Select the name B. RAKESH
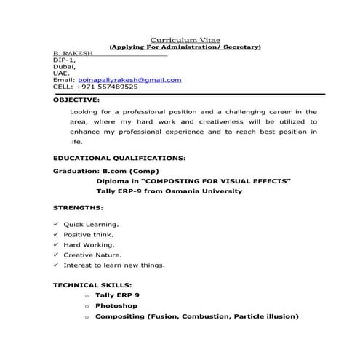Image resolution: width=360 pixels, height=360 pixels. [x=70, y=54]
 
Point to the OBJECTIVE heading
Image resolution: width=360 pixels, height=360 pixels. [x=77, y=100]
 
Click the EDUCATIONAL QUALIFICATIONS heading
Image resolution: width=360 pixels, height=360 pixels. [x=119, y=157]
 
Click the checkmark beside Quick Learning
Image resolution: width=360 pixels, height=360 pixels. [x=56, y=225]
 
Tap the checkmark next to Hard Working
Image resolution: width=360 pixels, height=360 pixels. [x=56, y=245]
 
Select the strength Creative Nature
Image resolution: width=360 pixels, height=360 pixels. [x=92, y=255]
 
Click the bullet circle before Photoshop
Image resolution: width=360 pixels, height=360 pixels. [x=87, y=306]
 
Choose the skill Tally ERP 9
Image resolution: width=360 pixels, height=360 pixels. [x=117, y=296]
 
